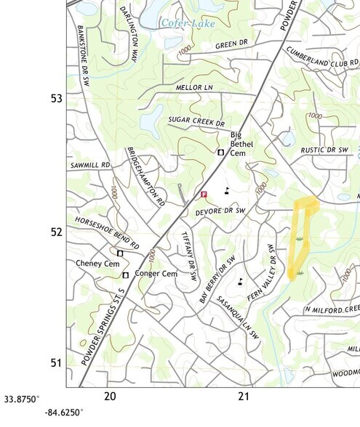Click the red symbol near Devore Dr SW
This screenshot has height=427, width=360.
coord(204,195)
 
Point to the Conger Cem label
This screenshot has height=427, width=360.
coord(158,274)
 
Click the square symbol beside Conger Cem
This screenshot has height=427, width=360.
coord(126,275)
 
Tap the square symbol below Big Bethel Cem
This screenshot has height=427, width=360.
coord(221,152)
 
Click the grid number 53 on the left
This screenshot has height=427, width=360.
coord(55,98)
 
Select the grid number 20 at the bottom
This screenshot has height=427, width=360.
coord(110,396)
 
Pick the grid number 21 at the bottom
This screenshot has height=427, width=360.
coord(244,396)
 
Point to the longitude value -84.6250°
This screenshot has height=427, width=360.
coord(64,412)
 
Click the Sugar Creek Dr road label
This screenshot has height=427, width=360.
coord(196,121)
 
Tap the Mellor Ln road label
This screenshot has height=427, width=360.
coord(193,87)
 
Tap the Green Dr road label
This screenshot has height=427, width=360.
coord(233,45)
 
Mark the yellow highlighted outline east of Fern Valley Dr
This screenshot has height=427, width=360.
coord(301,236)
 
